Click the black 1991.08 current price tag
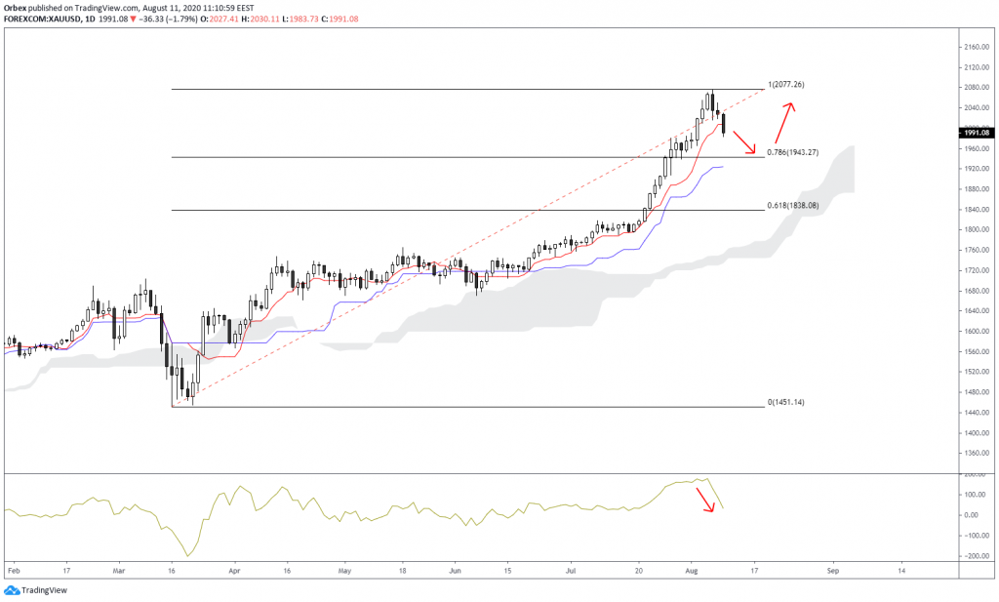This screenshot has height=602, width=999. click(977, 133)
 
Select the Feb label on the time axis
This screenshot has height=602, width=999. click(13, 567)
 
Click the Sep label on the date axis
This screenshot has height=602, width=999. click(832, 567)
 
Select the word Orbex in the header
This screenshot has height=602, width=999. click(16, 7)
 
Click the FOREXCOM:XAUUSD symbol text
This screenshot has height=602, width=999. click(40, 18)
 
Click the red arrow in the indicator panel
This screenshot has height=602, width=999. click(703, 500)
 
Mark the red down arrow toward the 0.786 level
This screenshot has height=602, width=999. click(743, 142)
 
